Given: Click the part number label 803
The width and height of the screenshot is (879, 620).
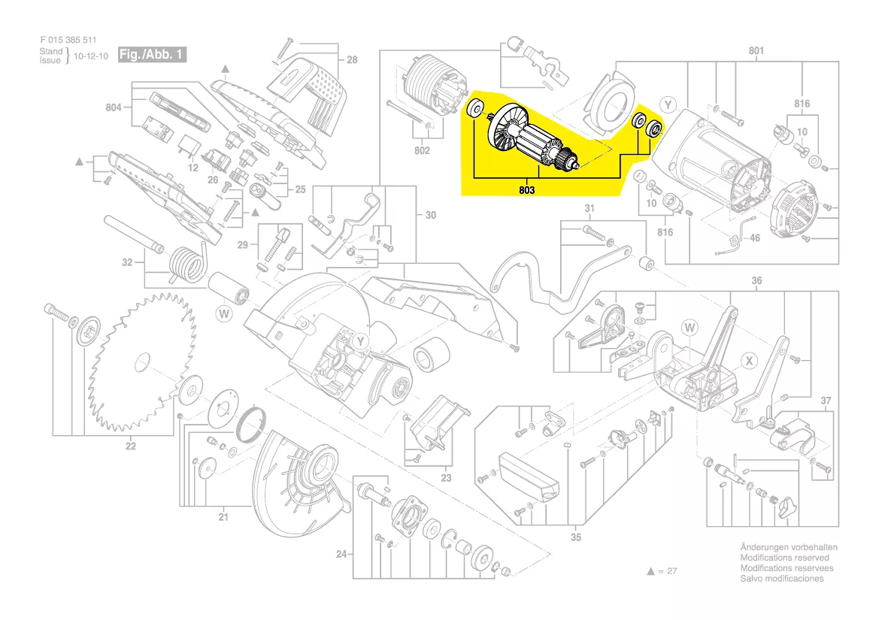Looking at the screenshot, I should (526, 191).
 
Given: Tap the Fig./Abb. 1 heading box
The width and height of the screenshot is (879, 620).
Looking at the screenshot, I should (151, 55).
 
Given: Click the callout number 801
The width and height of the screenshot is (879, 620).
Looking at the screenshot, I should (756, 51).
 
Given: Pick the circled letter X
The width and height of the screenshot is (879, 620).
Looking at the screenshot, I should (749, 361).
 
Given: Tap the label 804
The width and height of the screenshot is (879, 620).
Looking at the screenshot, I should (114, 108).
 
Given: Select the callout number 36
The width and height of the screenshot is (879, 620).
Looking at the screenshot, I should (756, 281).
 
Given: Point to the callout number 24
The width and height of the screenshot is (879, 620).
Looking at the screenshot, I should (342, 555).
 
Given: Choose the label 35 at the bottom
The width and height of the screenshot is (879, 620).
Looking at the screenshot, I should (576, 537).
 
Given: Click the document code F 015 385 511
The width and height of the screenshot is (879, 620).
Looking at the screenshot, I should (68, 40).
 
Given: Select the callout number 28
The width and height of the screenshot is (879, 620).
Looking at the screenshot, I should (352, 59).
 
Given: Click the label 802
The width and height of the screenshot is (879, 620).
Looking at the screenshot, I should (422, 152).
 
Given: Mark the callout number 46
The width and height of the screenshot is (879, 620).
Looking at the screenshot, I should (755, 238).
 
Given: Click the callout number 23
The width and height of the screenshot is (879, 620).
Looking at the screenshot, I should (446, 477).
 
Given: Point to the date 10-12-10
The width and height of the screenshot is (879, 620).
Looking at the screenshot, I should (91, 56).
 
